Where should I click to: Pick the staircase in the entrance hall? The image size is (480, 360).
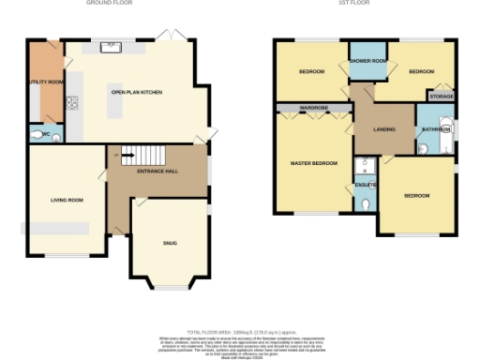142,156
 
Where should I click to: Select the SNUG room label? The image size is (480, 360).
170,243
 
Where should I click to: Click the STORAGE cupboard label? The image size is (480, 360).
441,95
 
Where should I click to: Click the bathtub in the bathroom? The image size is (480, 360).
450,137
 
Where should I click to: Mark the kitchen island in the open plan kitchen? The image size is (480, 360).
116,107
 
